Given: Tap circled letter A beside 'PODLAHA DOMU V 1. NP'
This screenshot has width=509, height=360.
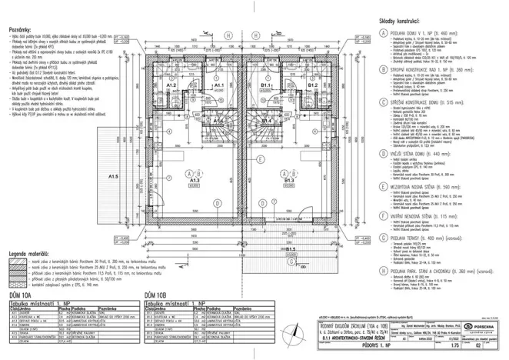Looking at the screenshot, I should pos(382,35).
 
